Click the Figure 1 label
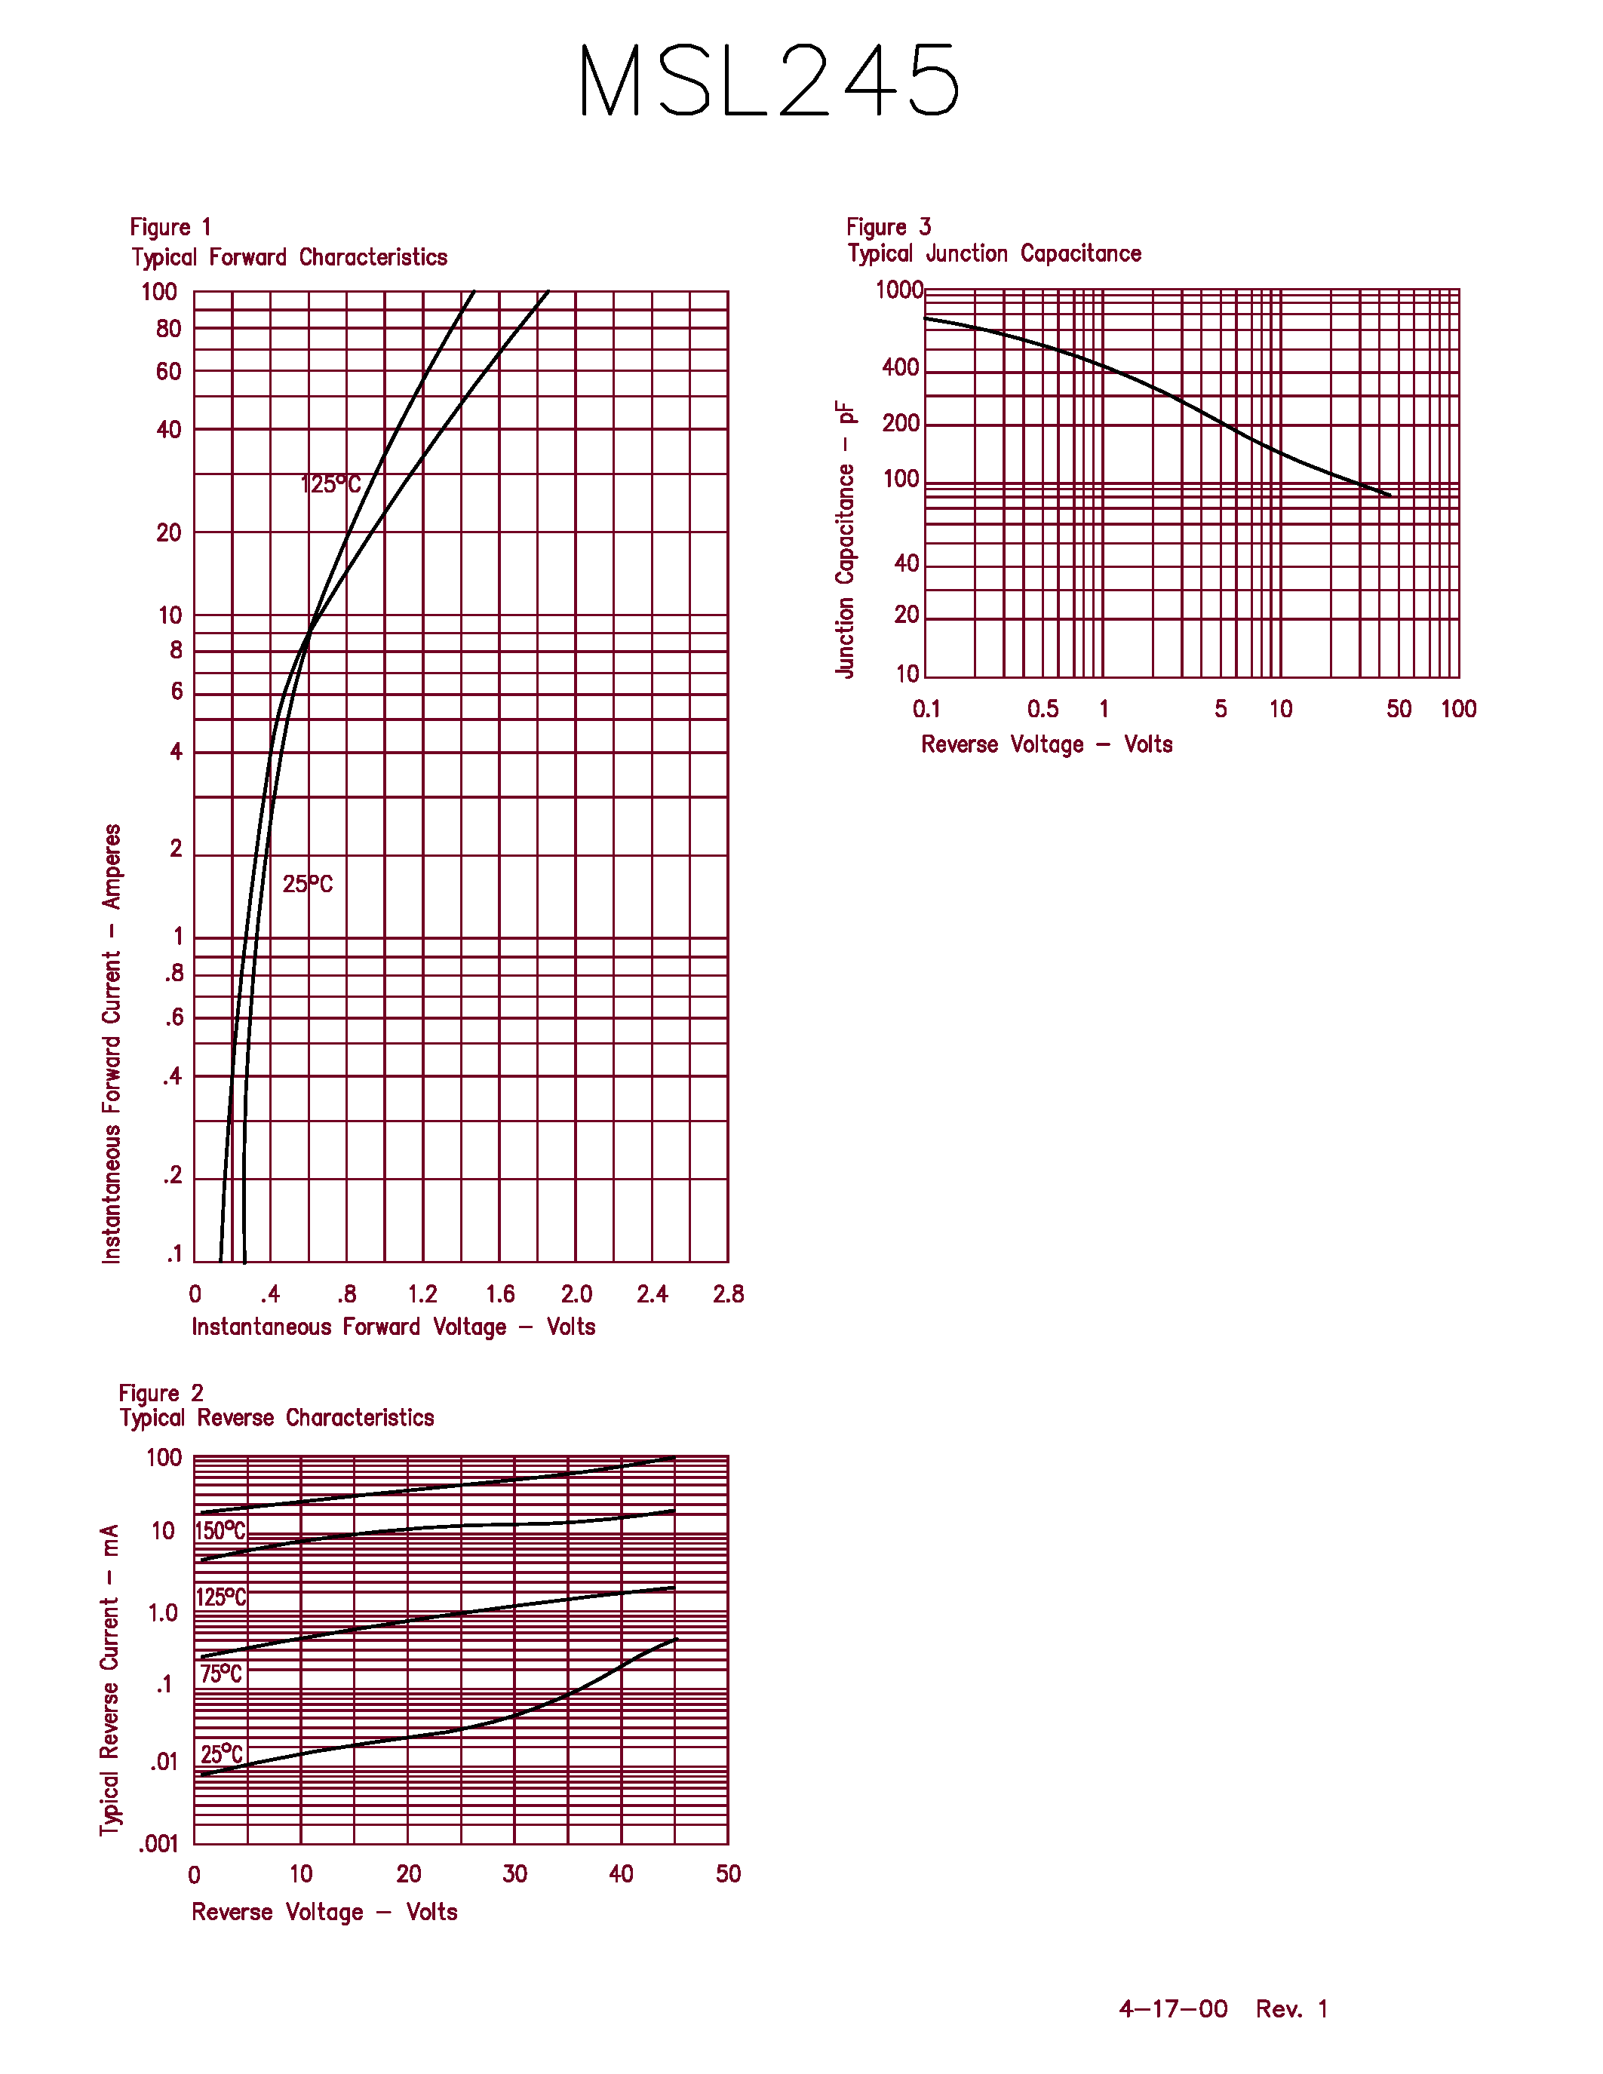(170, 227)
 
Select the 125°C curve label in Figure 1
(330, 484)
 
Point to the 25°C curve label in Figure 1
(308, 884)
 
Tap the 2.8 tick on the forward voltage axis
(729, 1293)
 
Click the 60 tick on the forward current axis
(168, 371)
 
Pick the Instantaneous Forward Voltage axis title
(393, 1327)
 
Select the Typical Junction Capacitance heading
(994, 253)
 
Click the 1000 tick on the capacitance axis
(898, 290)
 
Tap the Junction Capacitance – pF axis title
(845, 538)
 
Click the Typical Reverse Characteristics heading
(276, 1418)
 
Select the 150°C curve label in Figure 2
(220, 1531)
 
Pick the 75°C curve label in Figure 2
(220, 1674)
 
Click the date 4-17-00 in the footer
(1173, 2008)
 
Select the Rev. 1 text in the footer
(1291, 2008)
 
